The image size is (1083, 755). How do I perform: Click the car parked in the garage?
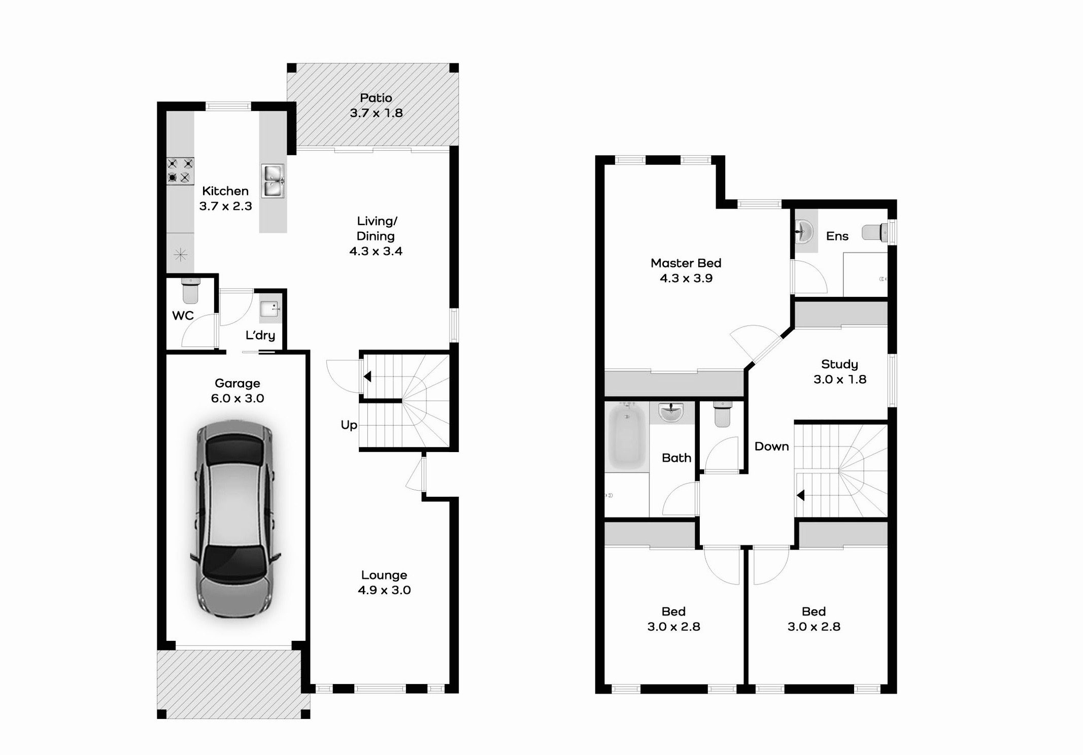pyautogui.click(x=235, y=519)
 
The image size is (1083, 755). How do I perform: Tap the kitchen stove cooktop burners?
pyautogui.click(x=180, y=170)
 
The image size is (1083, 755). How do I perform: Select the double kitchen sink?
pyautogui.click(x=273, y=181)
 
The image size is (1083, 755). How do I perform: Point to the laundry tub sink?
pyautogui.click(x=269, y=308)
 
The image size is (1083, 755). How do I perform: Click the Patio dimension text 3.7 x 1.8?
pyautogui.click(x=376, y=113)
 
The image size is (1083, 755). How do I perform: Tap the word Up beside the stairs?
pyautogui.click(x=349, y=425)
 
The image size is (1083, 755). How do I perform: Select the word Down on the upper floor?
pyautogui.click(x=771, y=447)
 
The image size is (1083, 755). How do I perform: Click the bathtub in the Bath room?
pyautogui.click(x=627, y=435)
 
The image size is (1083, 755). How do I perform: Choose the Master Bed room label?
pyautogui.click(x=686, y=263)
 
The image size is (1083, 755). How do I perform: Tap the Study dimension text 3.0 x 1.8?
pyautogui.click(x=840, y=380)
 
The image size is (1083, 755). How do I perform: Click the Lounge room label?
pyautogui.click(x=384, y=575)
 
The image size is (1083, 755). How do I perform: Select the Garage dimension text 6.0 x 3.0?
pyautogui.click(x=238, y=398)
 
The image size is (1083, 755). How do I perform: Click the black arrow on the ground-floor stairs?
pyautogui.click(x=367, y=376)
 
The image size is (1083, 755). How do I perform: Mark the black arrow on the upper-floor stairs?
pyautogui.click(x=800, y=495)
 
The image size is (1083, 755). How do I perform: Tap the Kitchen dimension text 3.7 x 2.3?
pyautogui.click(x=225, y=206)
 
